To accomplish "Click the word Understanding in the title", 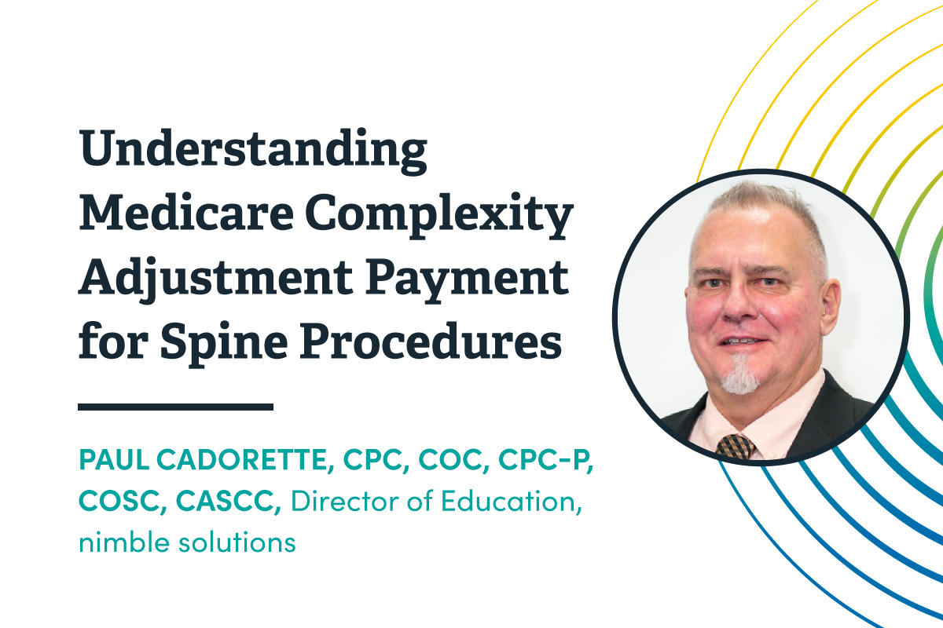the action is [x=253, y=152].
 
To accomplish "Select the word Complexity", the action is [x=439, y=216].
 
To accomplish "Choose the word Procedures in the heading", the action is [x=431, y=340].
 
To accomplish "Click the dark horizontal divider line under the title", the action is [x=175, y=407].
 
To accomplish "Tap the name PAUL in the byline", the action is [x=114, y=459].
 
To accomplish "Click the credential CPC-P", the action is [x=545, y=460].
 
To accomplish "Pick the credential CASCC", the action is [x=228, y=501].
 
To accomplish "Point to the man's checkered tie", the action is [x=736, y=447].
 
